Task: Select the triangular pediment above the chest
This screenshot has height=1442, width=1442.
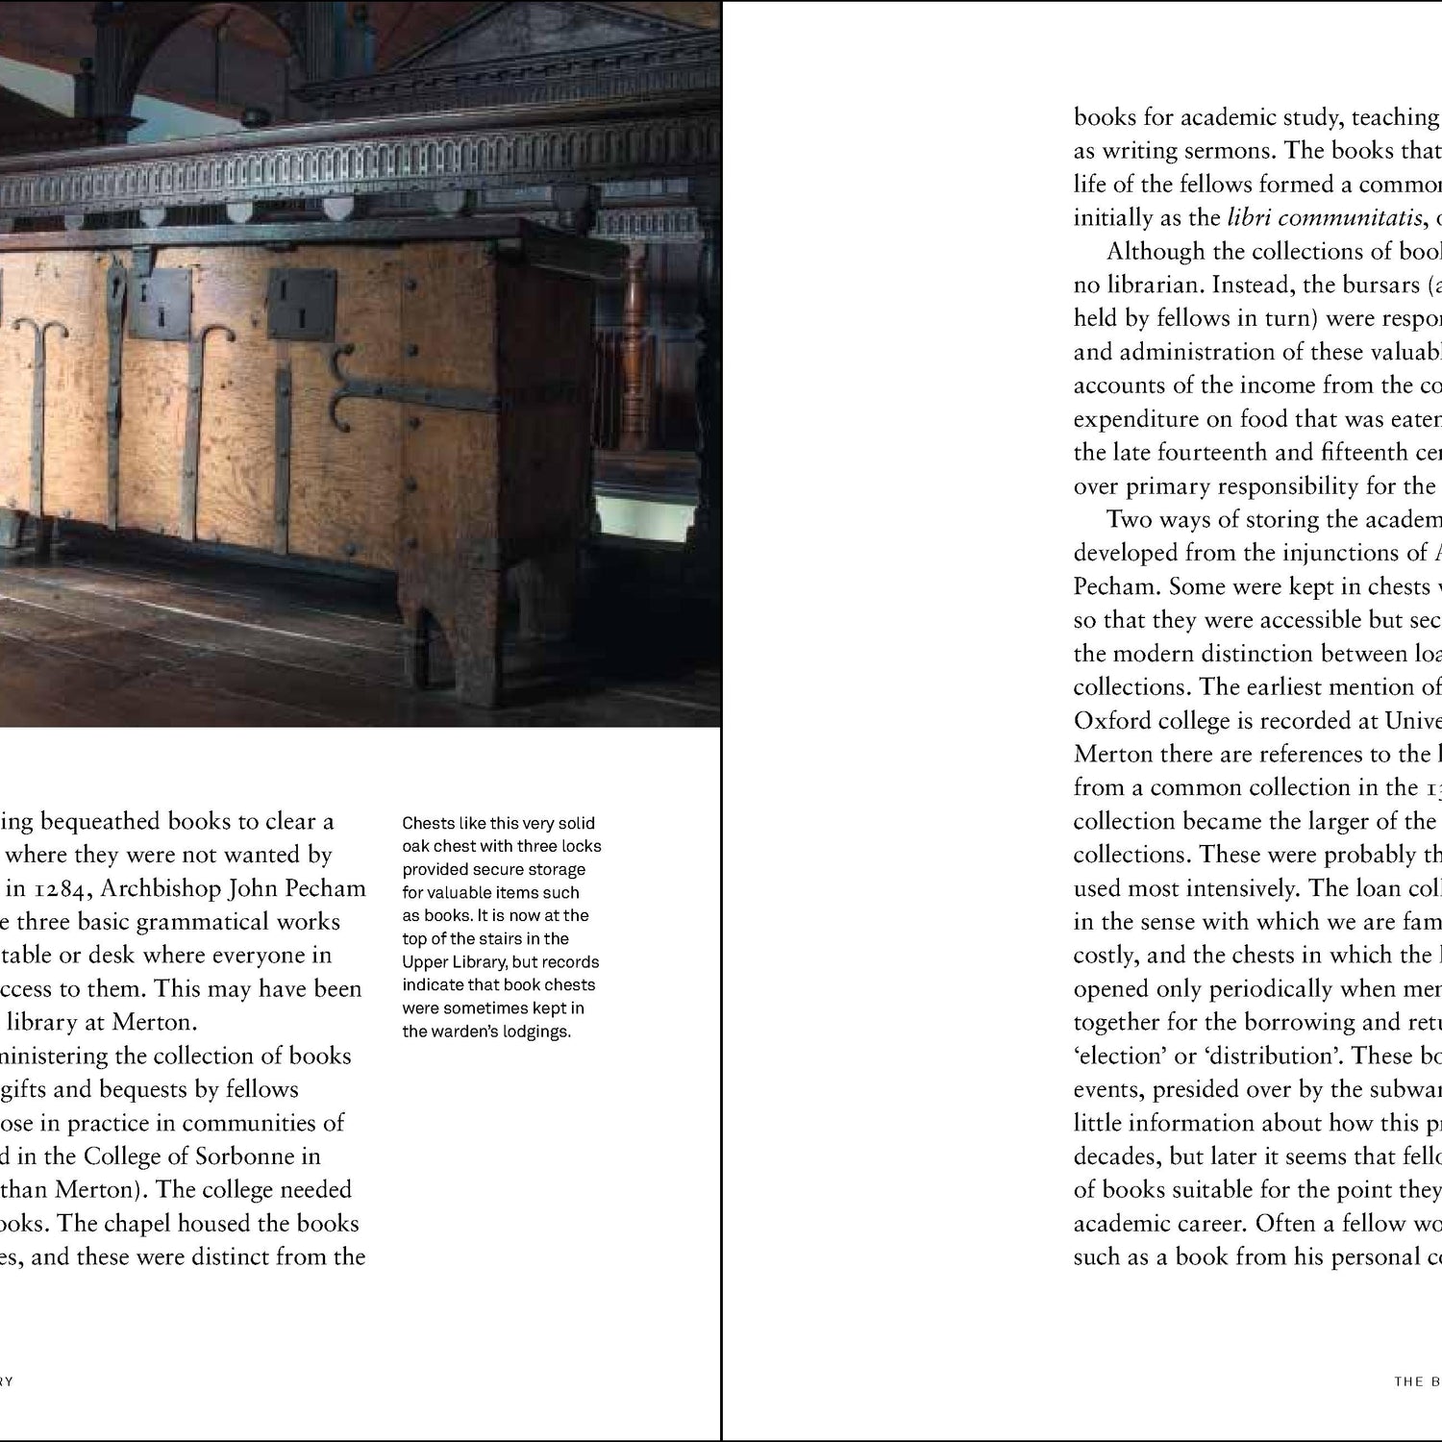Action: point(538,43)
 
